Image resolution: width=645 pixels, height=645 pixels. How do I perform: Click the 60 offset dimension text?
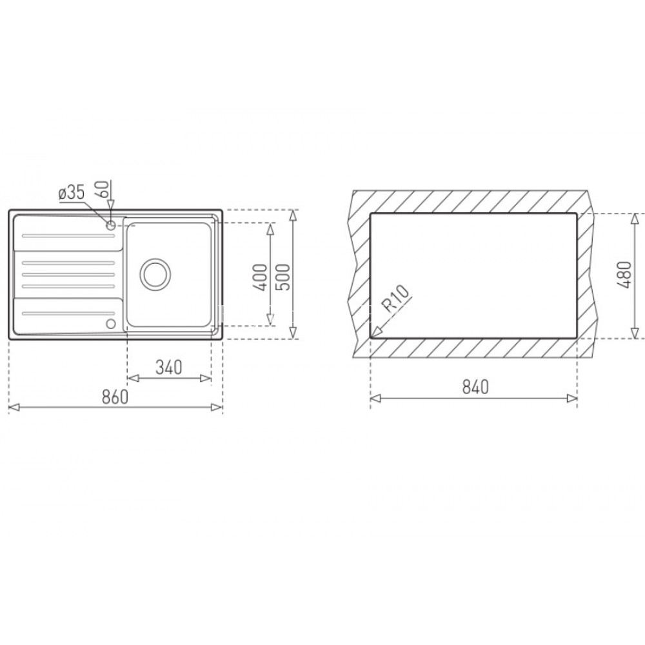(x=102, y=192)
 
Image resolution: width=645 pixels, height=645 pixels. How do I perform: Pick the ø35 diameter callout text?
(x=70, y=192)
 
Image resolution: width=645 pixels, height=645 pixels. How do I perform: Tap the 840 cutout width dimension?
(x=473, y=387)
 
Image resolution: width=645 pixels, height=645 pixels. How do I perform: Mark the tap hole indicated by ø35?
(x=111, y=225)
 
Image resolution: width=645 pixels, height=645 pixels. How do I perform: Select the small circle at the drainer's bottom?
(x=110, y=322)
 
